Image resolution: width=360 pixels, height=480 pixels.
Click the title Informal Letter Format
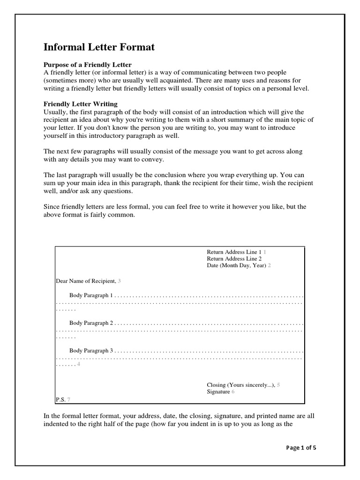pyautogui.click(x=99, y=47)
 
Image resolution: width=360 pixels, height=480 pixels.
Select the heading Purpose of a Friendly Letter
pyautogui.click(x=88, y=64)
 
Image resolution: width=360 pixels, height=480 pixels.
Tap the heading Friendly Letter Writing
pyautogui.click(x=81, y=104)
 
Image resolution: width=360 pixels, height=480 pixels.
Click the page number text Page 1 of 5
pyautogui.click(x=301, y=447)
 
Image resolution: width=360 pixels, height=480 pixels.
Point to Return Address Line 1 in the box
pyautogui.click(x=234, y=252)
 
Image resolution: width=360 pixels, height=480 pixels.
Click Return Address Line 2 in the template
pyautogui.click(x=234, y=258)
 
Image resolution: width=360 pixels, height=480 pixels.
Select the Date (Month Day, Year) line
pyautogui.click(x=236, y=265)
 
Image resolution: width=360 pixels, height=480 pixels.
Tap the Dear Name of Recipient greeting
pyautogui.click(x=86, y=281)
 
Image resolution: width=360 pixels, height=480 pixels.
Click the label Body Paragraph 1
pyautogui.click(x=91, y=296)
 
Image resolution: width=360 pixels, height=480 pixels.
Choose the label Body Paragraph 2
pyautogui.click(x=91, y=323)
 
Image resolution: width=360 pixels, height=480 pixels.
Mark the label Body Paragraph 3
pyautogui.click(x=91, y=350)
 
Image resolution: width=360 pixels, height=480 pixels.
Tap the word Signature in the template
pyautogui.click(x=218, y=391)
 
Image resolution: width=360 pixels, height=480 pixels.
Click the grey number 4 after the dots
pyautogui.click(x=78, y=364)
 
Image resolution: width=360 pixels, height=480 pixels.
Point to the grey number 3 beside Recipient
pyautogui.click(x=119, y=281)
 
